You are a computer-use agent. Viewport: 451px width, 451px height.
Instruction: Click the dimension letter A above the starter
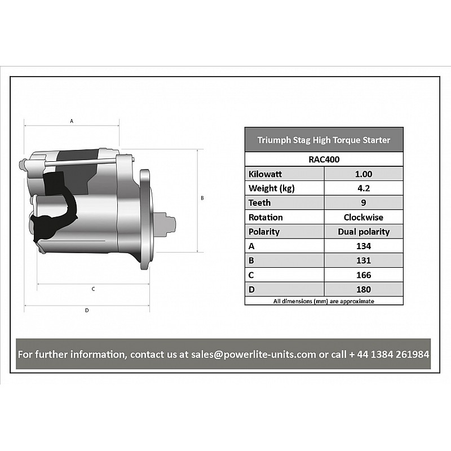point(72,121)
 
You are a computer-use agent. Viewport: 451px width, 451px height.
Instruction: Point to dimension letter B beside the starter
point(202,198)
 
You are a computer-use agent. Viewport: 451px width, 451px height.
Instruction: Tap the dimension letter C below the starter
point(93,289)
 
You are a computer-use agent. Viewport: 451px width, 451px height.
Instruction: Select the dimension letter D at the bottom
point(87,311)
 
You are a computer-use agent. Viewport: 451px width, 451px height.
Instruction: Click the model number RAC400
point(324,160)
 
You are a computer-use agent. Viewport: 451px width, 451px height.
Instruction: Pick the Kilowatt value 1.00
point(364,174)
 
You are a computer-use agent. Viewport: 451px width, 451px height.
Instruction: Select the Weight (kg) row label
point(272,188)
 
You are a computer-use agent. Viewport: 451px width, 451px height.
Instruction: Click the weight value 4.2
point(364,188)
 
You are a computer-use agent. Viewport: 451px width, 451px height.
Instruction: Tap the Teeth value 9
point(364,203)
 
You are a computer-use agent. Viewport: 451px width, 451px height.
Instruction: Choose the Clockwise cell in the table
point(364,217)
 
